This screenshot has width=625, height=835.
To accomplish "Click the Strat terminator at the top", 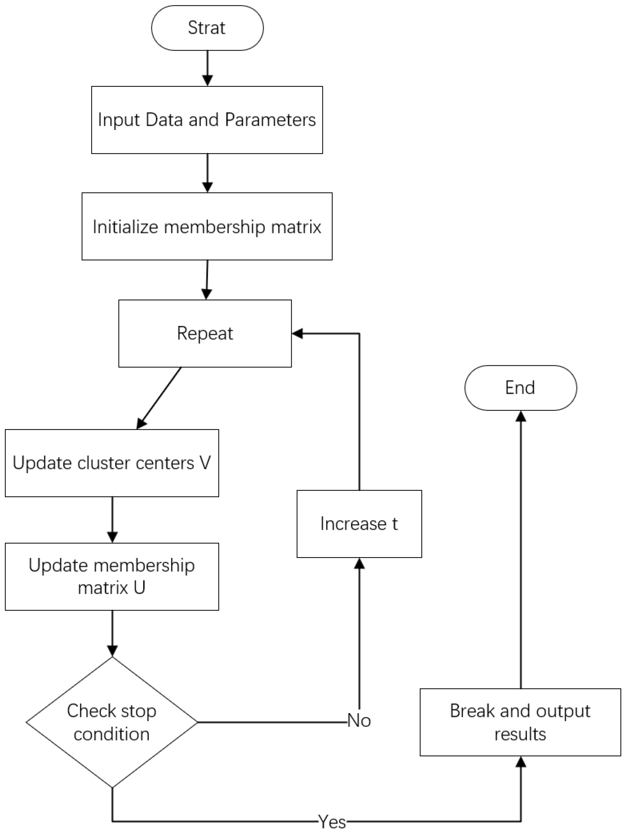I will (207, 28).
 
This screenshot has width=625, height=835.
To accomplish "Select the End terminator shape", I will (520, 388).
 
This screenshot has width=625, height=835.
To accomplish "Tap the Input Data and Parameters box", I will (207, 120).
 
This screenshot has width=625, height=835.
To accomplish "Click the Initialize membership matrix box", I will (207, 226).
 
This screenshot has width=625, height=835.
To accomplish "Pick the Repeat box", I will (205, 333).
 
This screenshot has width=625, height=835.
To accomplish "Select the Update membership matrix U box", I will (112, 576).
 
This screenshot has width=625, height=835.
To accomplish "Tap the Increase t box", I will (359, 523).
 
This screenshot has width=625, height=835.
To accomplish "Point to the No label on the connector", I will (359, 720).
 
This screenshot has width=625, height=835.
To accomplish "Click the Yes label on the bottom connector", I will (332, 821).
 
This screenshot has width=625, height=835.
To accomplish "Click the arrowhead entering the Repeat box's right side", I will (298, 333).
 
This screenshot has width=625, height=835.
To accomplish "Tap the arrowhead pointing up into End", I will (520, 416).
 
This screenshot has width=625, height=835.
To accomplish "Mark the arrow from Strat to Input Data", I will (207, 68).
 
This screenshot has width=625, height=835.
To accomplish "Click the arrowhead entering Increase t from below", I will (359, 563).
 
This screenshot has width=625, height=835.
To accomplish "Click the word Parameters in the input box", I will (270, 120).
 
